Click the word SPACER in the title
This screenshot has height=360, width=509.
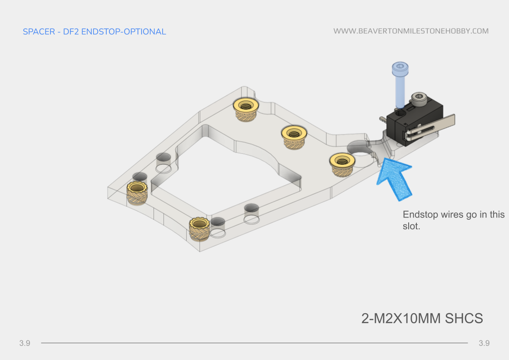[x=39, y=32]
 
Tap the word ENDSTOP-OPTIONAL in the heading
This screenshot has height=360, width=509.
[x=124, y=32]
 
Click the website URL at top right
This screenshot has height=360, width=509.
[x=411, y=31]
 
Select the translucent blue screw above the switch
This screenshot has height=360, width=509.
[x=400, y=85]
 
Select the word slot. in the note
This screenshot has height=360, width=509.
[x=411, y=226]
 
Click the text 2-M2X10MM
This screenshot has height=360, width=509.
[x=401, y=318]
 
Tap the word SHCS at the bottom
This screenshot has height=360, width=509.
[x=464, y=318]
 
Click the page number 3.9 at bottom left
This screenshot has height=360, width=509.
[x=25, y=343]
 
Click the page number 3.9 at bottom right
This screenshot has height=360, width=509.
[x=484, y=343]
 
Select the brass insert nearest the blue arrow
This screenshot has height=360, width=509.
[x=342, y=165]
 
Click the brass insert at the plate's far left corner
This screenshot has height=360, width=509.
[x=137, y=193]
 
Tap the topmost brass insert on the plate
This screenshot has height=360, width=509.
[x=246, y=109]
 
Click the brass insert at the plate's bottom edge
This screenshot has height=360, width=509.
[x=199, y=229]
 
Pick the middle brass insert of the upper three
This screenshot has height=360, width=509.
[x=294, y=137]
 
